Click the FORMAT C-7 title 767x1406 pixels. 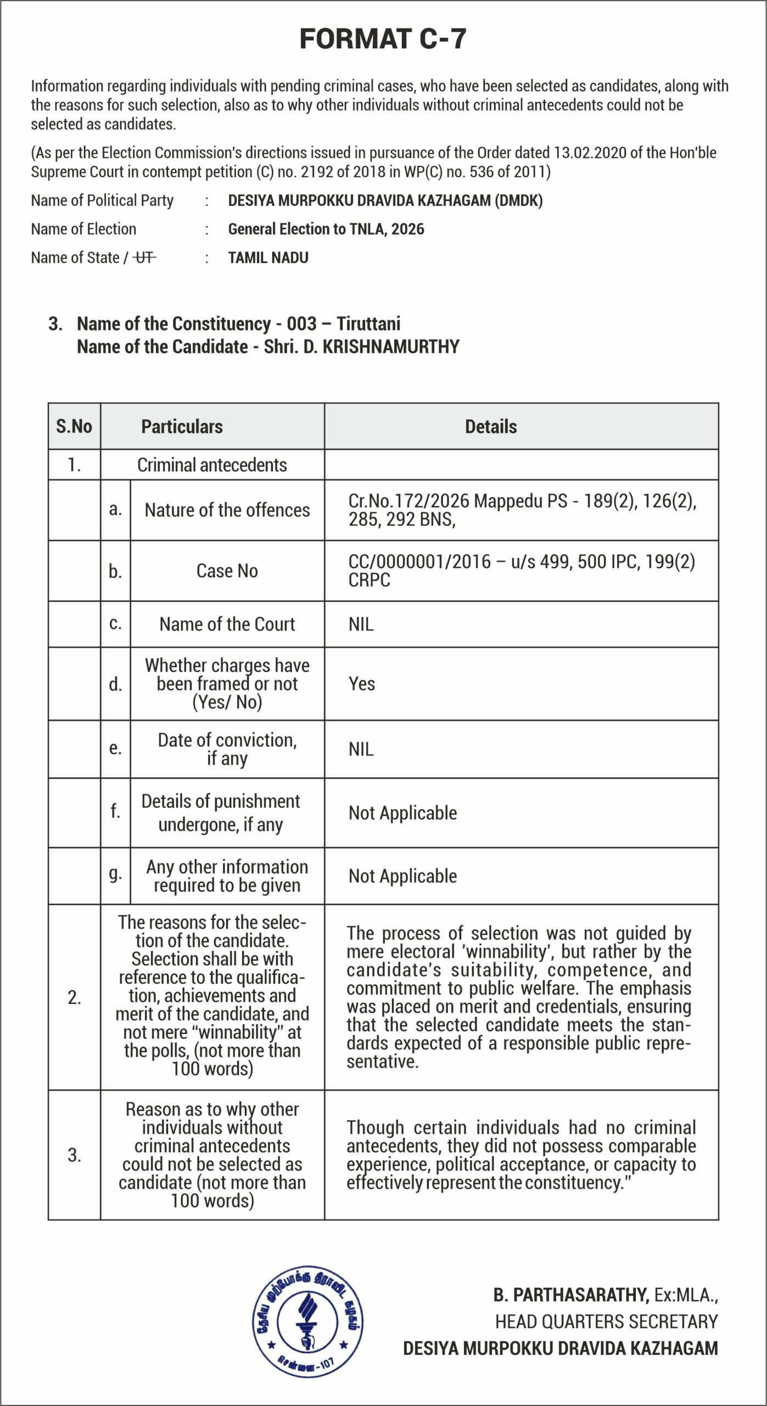(383, 39)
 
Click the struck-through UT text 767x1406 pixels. (145, 258)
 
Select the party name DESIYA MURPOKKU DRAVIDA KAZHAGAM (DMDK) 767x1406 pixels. (385, 200)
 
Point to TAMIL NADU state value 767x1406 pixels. (268, 258)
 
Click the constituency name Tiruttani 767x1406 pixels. (368, 323)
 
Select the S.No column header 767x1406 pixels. (74, 426)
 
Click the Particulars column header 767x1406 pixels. (182, 427)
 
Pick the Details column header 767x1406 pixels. (491, 427)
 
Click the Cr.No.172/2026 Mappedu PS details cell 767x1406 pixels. (522, 510)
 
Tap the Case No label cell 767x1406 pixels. (227, 571)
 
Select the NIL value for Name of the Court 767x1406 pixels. (361, 624)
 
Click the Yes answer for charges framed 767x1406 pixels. (362, 684)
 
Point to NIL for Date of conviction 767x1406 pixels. (361, 749)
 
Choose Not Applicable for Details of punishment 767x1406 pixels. (402, 813)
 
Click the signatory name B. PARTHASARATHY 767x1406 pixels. (570, 1295)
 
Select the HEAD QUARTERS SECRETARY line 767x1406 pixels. (606, 1321)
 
